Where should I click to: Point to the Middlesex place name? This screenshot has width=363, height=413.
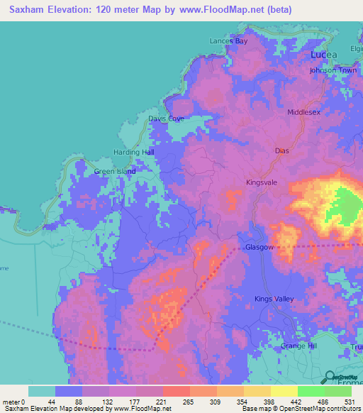coord(304,113)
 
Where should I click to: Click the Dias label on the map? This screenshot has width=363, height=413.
coord(282,151)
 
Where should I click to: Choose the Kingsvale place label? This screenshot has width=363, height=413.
coord(262,182)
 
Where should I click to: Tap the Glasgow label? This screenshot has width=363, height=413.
coord(259,248)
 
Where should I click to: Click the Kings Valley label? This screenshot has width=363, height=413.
coord(274,299)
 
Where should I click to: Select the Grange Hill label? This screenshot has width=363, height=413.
coord(298,346)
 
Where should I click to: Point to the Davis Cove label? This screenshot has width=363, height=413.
coord(166,119)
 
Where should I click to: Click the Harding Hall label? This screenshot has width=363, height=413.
coord(134,153)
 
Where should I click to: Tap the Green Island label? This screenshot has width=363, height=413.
coord(115,172)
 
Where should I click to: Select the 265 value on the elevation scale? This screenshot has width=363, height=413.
coord(189,402)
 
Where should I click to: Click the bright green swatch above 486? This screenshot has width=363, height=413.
coord(311,391)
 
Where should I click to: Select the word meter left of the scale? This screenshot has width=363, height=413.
coord(11,402)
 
